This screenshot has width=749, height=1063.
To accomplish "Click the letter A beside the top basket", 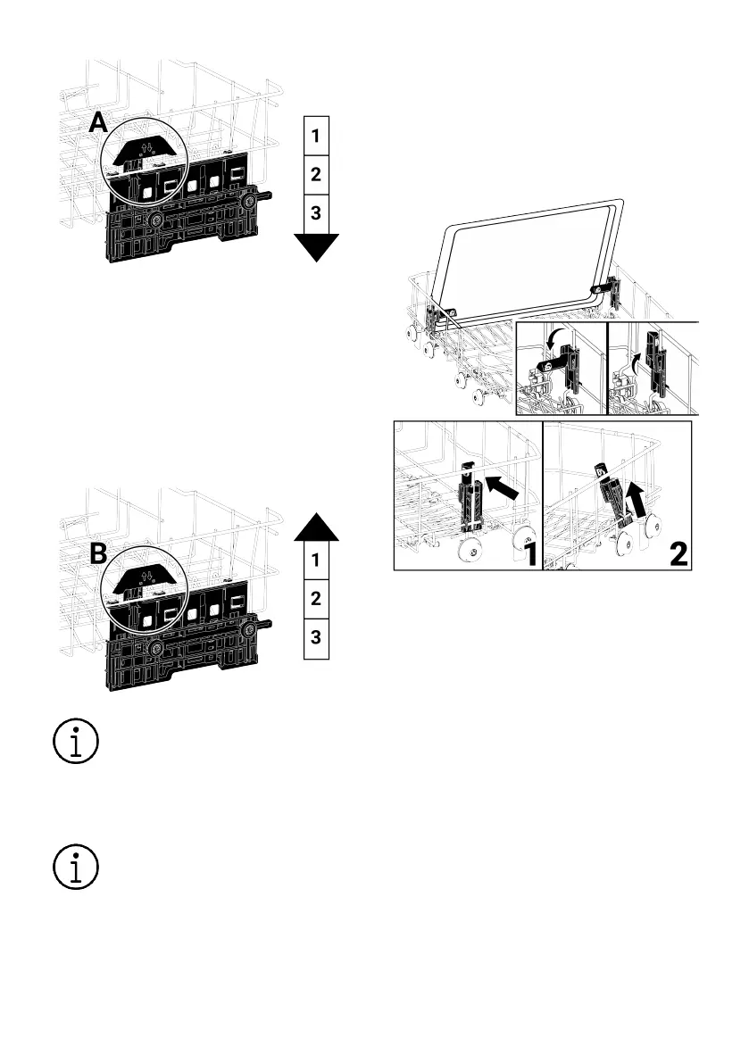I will point(100,123).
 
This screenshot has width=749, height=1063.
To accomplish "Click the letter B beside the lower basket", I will point(99,554).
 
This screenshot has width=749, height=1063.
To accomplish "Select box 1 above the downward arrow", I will point(316,137).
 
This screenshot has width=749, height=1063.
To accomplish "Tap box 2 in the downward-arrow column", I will point(316,174).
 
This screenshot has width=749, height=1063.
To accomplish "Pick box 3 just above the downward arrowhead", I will point(316,212).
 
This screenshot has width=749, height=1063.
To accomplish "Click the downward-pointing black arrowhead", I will point(316,246).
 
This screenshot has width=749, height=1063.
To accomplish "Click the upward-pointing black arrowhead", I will point(316,527).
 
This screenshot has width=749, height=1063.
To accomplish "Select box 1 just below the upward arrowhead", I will point(316,561).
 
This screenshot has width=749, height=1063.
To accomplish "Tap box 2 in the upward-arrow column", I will point(316,599).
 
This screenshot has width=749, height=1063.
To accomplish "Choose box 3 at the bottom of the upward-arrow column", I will point(316,638).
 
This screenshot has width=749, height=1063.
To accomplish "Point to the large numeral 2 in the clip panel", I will point(678,552).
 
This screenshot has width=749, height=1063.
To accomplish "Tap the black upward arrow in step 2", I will point(637,499).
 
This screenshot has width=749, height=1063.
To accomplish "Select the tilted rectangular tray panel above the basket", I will point(527,259).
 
